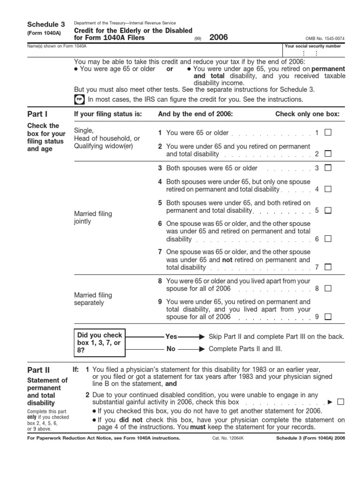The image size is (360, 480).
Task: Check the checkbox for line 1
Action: pos(328,133)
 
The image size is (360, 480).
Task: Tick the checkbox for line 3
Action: pos(328,168)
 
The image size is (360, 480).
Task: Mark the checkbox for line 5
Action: pos(328,211)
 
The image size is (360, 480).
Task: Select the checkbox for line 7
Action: pos(328,267)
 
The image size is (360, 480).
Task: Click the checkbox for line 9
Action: pos(328,317)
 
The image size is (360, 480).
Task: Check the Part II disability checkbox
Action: pos(340,402)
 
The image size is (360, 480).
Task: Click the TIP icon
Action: pos(79,100)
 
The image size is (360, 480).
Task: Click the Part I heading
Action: pos(37,114)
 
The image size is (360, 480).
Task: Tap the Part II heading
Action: pos(39,370)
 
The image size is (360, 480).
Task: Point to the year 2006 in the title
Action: pos(218,37)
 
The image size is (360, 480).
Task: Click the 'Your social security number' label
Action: pos(313,46)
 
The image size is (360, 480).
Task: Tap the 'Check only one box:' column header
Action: pos(307,114)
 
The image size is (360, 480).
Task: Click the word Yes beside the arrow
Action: pos(171,337)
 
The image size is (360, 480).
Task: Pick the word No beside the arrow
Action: pos(171,349)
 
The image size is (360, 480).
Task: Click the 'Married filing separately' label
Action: pos(93,299)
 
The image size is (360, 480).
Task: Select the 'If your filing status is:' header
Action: pos(108,114)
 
